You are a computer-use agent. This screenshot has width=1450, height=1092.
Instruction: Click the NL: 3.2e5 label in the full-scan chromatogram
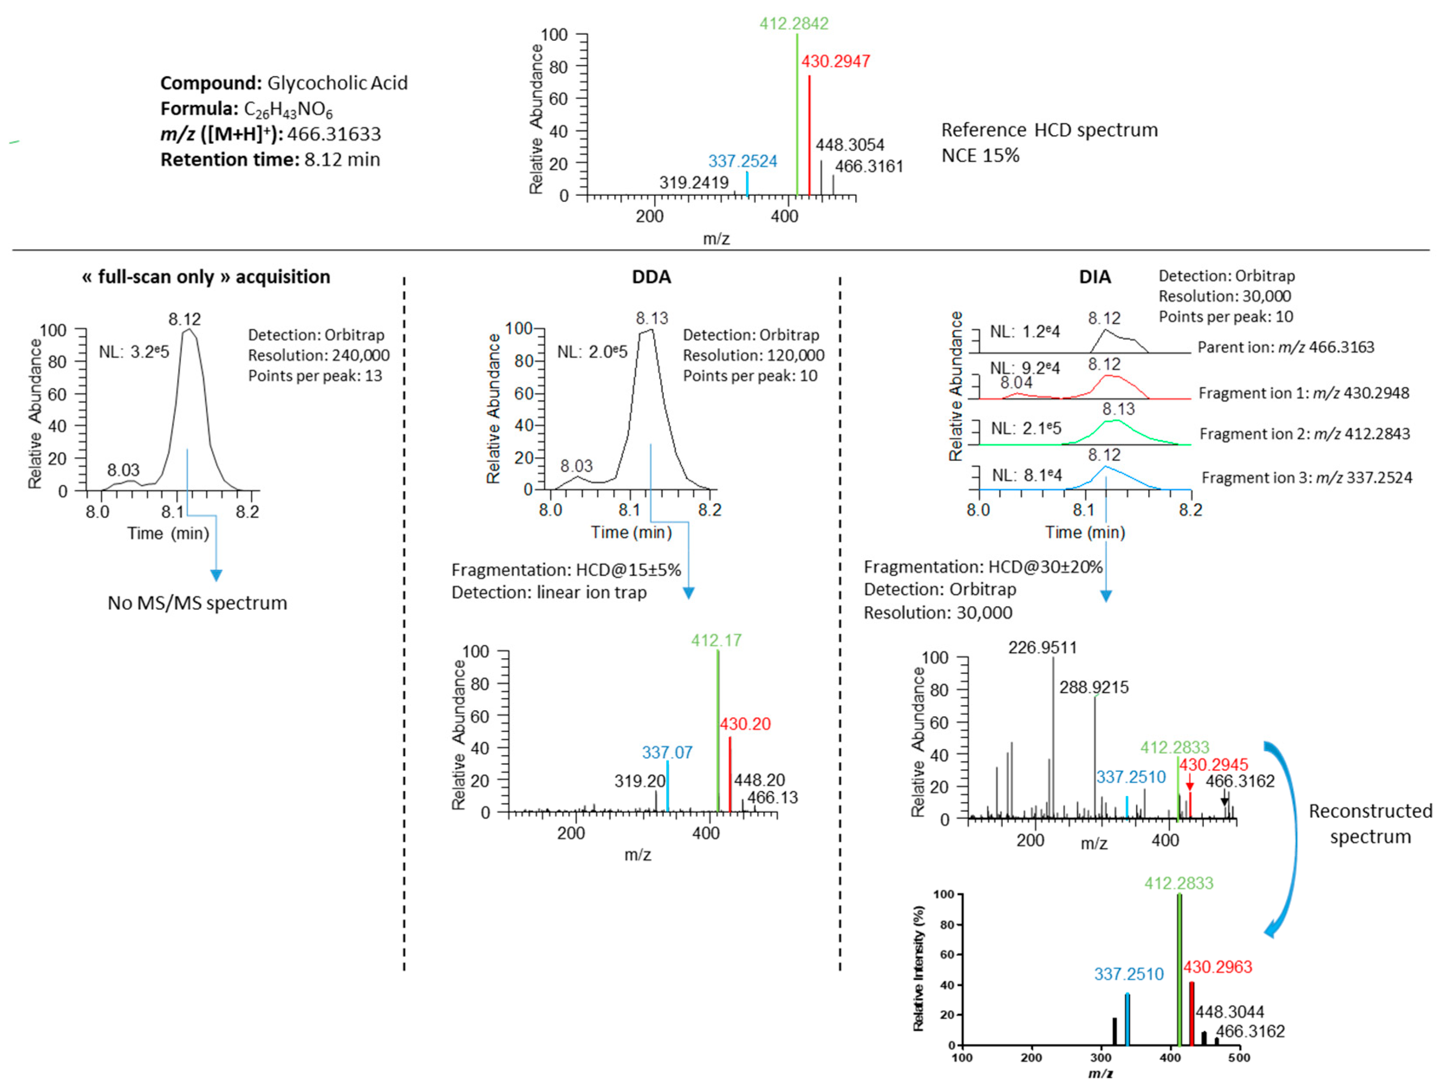(134, 352)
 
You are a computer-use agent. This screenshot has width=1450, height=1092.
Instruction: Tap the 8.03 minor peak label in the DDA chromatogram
(576, 466)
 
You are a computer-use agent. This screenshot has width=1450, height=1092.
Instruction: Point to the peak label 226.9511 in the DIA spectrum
(1042, 647)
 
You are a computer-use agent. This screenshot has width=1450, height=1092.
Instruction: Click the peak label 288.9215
(1094, 688)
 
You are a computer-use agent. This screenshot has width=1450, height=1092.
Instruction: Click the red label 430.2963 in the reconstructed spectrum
(1217, 967)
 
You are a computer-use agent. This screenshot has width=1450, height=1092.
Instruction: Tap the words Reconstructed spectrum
(1370, 823)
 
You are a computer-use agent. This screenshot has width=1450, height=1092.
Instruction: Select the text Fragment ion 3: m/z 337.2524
(1307, 478)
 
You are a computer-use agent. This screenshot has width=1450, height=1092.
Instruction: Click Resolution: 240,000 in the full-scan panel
(319, 355)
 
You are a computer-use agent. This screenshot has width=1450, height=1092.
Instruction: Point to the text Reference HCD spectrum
(1049, 130)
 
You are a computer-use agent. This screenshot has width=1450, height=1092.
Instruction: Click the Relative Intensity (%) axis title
(919, 968)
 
